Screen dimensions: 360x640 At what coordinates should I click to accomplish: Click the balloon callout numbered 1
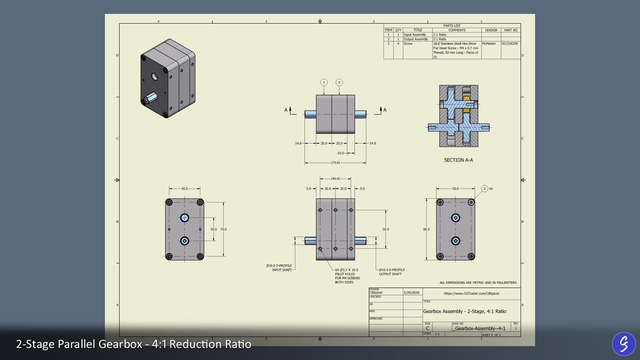coord(324,82)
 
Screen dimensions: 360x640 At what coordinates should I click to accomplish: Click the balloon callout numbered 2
coord(339,82)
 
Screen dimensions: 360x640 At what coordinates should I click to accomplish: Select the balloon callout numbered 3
coord(484,188)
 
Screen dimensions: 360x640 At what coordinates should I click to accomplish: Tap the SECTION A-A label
coord(458,160)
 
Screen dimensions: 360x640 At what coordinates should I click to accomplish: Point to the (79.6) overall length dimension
coord(335,163)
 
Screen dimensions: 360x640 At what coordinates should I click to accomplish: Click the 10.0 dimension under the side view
coord(340,153)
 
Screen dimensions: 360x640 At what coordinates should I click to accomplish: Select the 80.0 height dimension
coord(426,229)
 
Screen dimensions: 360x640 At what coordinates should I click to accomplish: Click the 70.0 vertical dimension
coord(223,229)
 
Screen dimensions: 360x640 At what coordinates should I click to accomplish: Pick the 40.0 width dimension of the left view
coord(184,188)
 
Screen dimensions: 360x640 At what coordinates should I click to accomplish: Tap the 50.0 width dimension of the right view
coord(456,188)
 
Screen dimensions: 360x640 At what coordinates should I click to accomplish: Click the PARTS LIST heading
coord(452,26)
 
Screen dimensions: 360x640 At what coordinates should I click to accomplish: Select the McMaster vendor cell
coord(489,44)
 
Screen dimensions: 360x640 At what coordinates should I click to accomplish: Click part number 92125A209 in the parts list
coord(510,44)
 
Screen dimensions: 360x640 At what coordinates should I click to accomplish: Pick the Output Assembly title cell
coord(416,39)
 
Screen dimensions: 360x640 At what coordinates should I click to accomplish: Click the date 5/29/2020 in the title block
coord(412,293)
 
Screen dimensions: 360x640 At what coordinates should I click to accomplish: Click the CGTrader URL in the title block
coord(472,293)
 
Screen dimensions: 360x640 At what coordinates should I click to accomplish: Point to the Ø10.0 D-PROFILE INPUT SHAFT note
coord(279,268)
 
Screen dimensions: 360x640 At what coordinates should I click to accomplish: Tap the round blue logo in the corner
coord(624,344)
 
